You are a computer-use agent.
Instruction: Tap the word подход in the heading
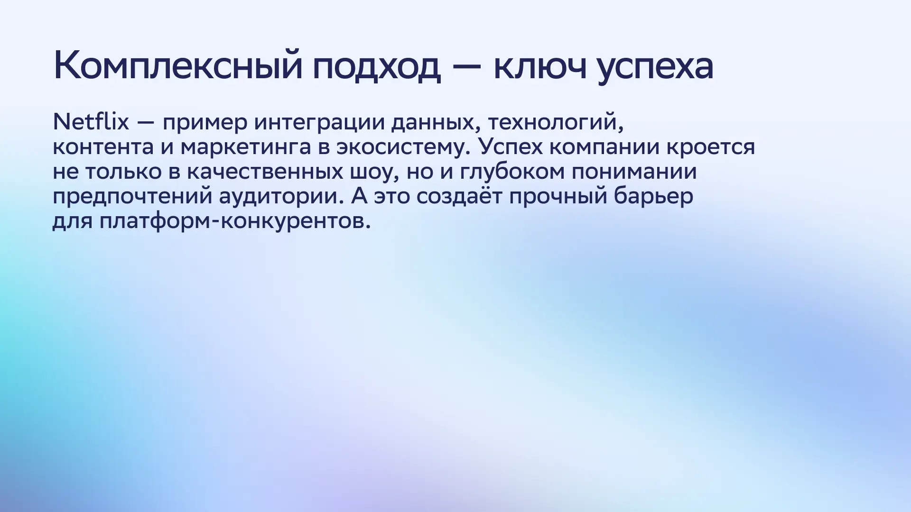pyautogui.click(x=377, y=66)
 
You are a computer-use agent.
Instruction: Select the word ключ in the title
pyautogui.click(x=539, y=66)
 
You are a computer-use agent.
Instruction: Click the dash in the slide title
pyautogui.click(x=467, y=67)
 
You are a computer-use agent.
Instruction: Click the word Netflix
pyautogui.click(x=91, y=122)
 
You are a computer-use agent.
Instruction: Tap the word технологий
pyautogui.click(x=556, y=123)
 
